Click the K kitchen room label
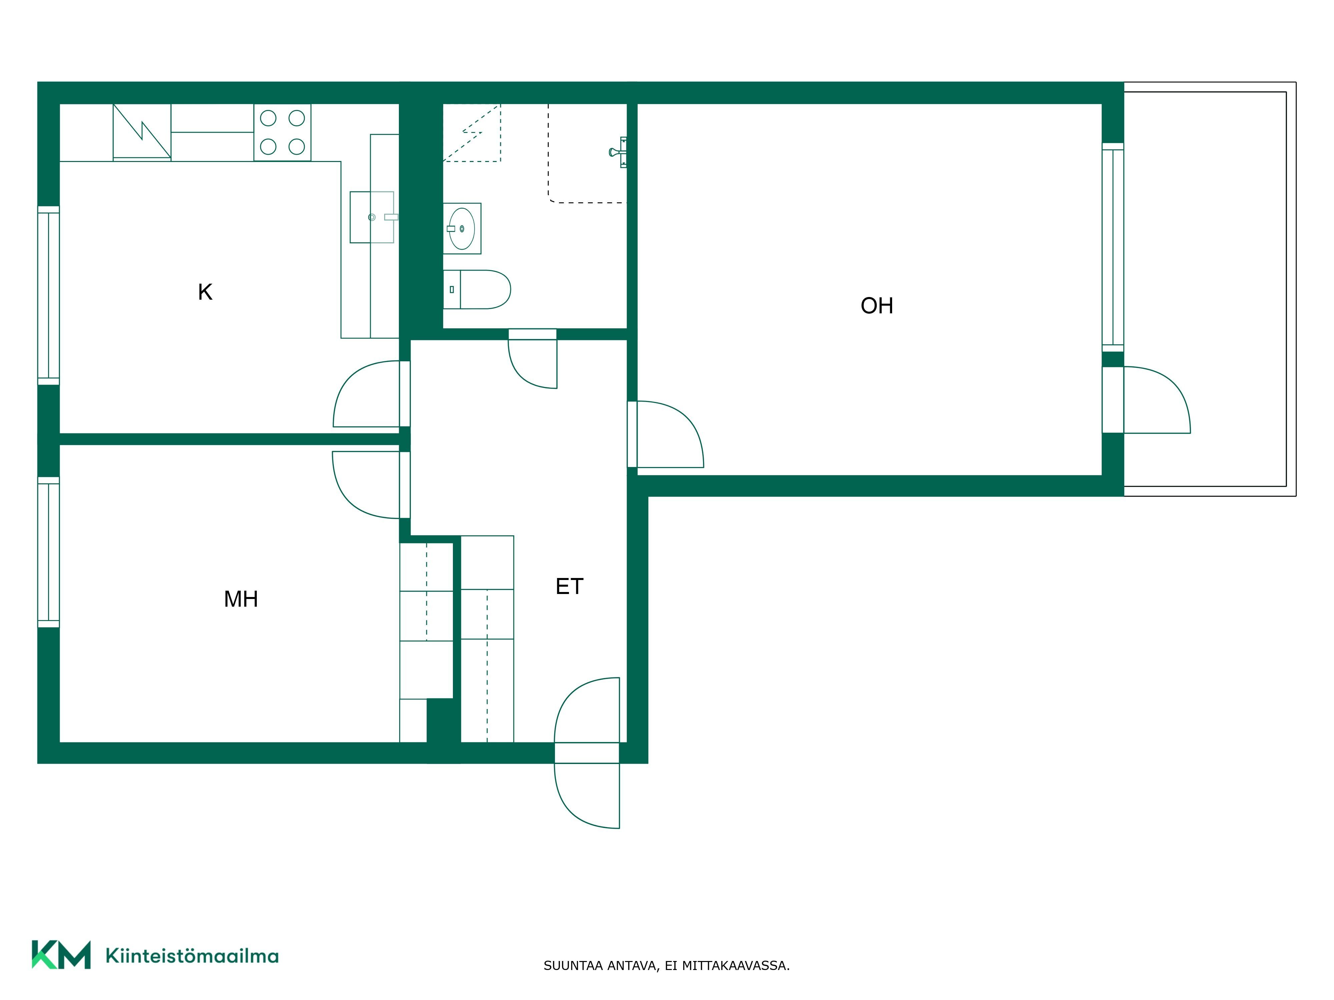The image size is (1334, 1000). tap(205, 292)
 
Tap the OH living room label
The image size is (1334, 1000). tap(877, 306)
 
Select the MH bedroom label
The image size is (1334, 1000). tap(241, 599)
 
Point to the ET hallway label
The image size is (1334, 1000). tap(569, 586)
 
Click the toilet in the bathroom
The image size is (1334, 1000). tap(477, 289)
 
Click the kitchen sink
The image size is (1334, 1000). tap(372, 217)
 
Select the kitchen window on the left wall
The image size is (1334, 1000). tap(49, 295)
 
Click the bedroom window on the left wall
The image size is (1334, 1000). tap(49, 552)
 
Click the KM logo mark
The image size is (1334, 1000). tap(61, 954)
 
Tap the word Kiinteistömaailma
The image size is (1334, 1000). tap(192, 955)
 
